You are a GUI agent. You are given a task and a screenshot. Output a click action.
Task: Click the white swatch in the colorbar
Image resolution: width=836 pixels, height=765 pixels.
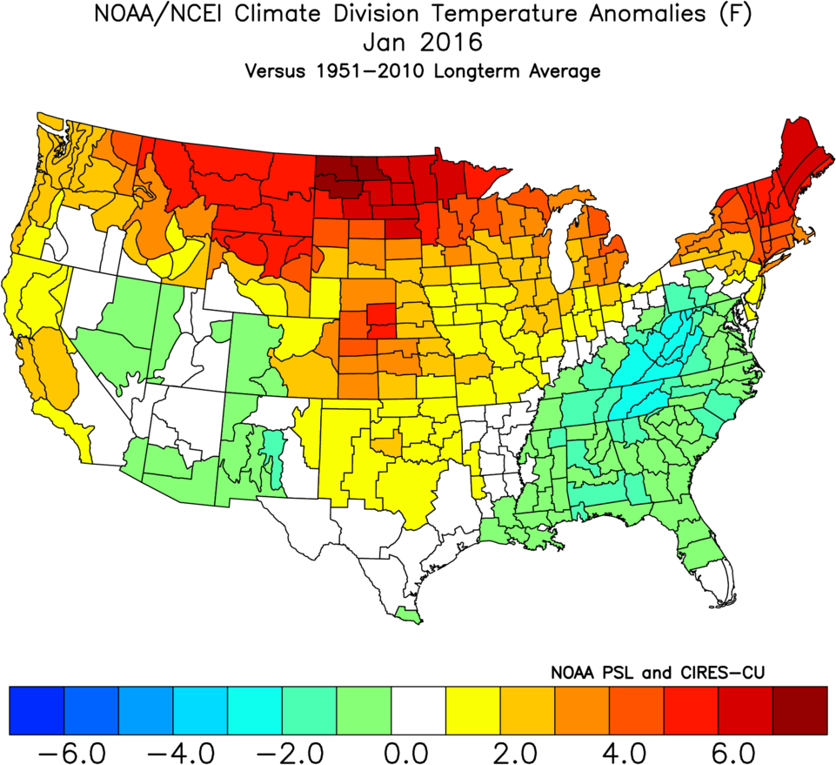418,709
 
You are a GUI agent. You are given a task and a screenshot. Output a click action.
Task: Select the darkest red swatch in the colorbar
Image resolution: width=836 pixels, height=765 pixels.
799,709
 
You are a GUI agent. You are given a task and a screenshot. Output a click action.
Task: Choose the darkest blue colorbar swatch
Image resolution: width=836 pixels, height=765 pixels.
37,709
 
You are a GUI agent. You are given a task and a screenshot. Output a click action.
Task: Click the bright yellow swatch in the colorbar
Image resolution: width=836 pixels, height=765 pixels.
472,709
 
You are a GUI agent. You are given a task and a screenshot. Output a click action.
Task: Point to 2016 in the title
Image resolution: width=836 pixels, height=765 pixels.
451,43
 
